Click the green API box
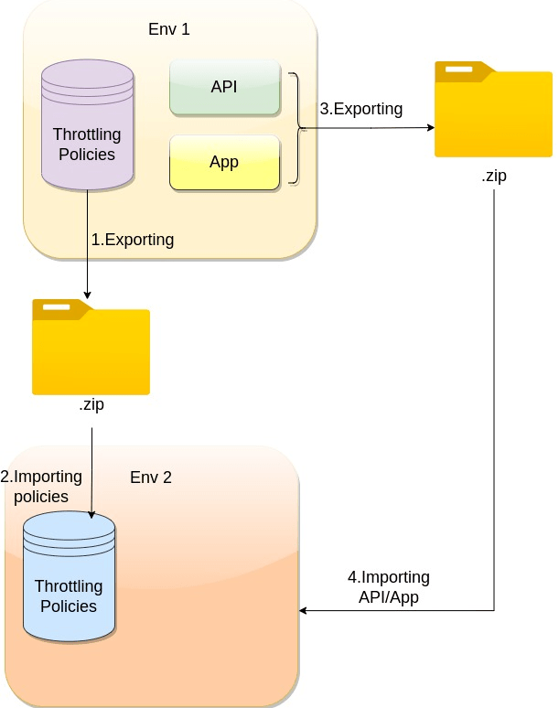click(x=224, y=88)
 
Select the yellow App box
click(x=224, y=163)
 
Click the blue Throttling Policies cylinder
click(x=69, y=576)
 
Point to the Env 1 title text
click(x=169, y=29)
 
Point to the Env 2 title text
click(x=151, y=477)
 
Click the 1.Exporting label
click(x=133, y=240)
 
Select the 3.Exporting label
click(x=361, y=109)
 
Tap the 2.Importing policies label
click(x=41, y=487)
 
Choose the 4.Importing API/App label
click(x=389, y=586)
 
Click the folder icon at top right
click(x=493, y=112)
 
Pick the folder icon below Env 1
click(x=91, y=348)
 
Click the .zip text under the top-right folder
click(x=494, y=177)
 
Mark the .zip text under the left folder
click(x=91, y=403)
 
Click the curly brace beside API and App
click(x=295, y=129)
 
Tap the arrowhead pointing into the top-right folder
click(x=429, y=129)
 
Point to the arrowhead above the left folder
click(x=87, y=294)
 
